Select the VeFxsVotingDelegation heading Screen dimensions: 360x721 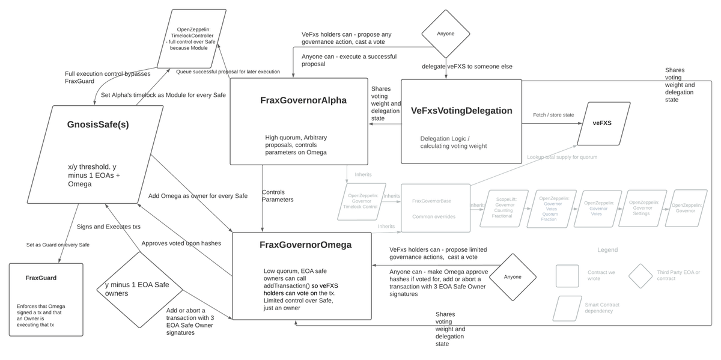462,111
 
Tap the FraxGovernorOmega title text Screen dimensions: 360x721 305,245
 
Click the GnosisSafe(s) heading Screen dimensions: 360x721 98,125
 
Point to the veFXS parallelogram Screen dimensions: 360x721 603,123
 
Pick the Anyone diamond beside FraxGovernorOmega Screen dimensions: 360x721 513,276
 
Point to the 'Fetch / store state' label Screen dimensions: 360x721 553,115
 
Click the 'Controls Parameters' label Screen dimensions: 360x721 278,196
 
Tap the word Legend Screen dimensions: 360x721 607,249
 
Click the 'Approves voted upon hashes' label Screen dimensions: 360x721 181,243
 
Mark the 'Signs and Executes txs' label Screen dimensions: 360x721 109,226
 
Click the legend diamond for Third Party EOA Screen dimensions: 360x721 640,276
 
